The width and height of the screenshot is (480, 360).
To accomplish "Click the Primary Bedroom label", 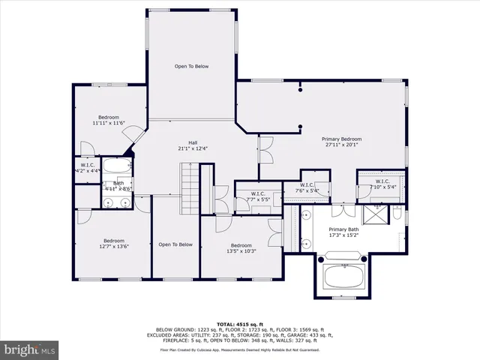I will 341,139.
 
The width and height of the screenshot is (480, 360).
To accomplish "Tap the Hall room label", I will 192,142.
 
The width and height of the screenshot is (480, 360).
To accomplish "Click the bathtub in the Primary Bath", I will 343,274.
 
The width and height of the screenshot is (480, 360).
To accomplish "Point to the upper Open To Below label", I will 191,67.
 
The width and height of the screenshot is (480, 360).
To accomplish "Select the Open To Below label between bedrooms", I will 175,244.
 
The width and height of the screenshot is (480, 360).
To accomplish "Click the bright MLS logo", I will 30,349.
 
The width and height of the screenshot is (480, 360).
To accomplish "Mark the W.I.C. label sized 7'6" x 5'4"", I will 307,188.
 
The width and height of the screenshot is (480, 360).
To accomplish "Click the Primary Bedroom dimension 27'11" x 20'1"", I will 341,145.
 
